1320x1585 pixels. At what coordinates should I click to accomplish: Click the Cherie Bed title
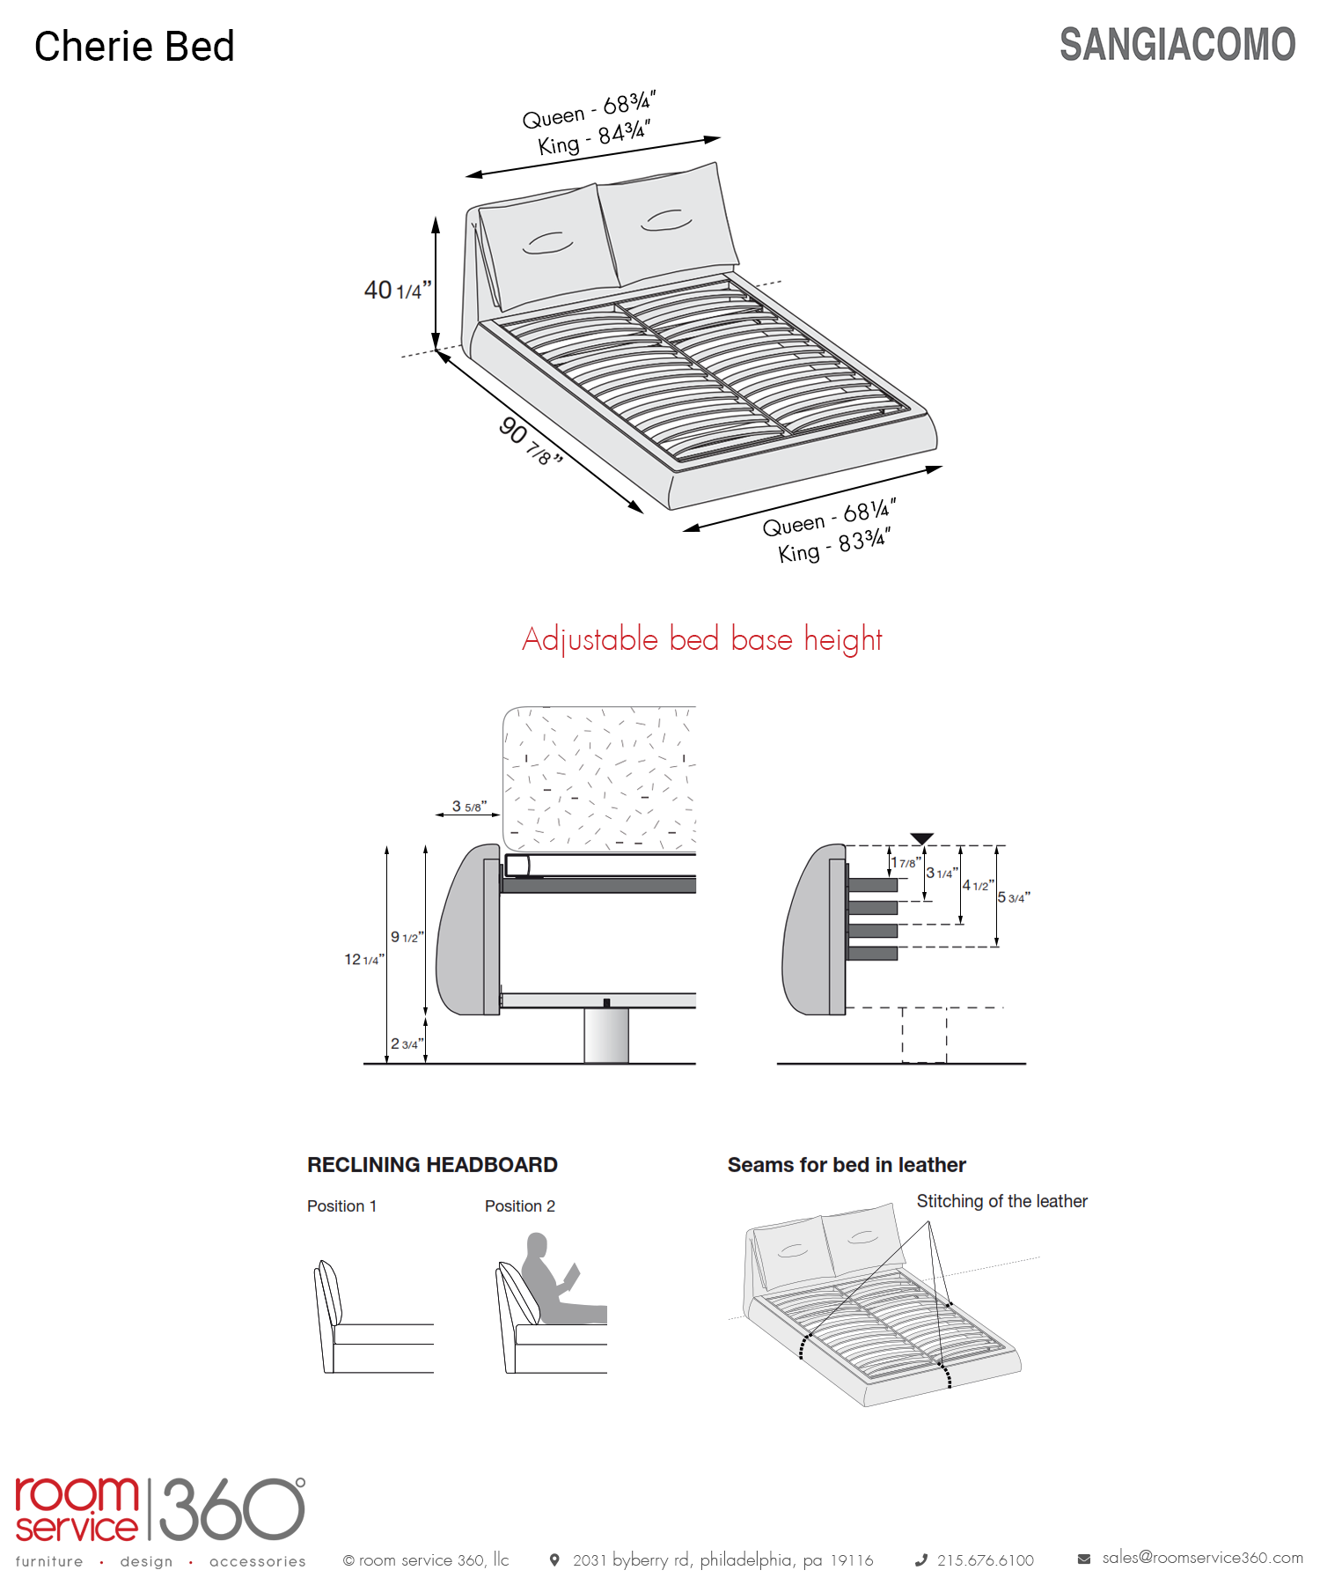[x=135, y=47]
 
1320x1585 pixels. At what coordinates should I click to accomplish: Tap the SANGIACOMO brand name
[x=1177, y=45]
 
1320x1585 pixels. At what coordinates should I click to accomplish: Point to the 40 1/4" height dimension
[x=398, y=290]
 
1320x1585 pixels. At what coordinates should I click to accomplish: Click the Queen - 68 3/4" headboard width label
[x=589, y=109]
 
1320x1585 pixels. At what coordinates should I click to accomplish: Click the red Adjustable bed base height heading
[x=701, y=639]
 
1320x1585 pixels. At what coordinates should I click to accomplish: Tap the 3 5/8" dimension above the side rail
[x=469, y=807]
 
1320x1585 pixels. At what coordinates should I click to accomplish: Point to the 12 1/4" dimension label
[x=363, y=959]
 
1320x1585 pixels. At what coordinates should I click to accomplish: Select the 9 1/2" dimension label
[x=407, y=937]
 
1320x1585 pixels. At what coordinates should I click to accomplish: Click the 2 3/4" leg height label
[x=406, y=1043]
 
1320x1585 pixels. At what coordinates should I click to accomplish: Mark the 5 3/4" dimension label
[x=1014, y=897]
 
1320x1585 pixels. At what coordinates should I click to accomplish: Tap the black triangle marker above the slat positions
[x=921, y=838]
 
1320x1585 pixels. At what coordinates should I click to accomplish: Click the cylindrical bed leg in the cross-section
[x=606, y=1036]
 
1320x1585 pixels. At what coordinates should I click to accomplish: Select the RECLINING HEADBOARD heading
[x=432, y=1165]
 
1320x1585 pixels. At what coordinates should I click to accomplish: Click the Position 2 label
[x=519, y=1206]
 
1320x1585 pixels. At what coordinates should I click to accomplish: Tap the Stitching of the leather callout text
[x=1001, y=1201]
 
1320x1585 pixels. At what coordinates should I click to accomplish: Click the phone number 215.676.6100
[x=985, y=1560]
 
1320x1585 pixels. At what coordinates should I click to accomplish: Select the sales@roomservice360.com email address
[x=1202, y=1558]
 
